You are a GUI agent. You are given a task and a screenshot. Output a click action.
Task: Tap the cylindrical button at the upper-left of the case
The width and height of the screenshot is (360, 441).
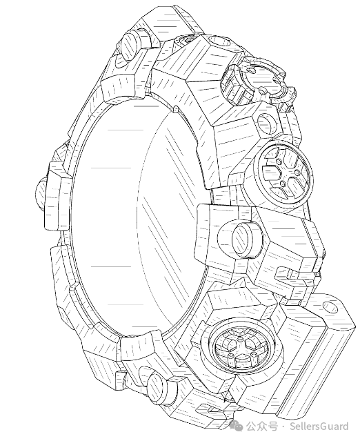coord(130,46)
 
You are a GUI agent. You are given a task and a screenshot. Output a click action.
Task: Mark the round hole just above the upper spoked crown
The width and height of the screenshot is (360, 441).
coord(266,124)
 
